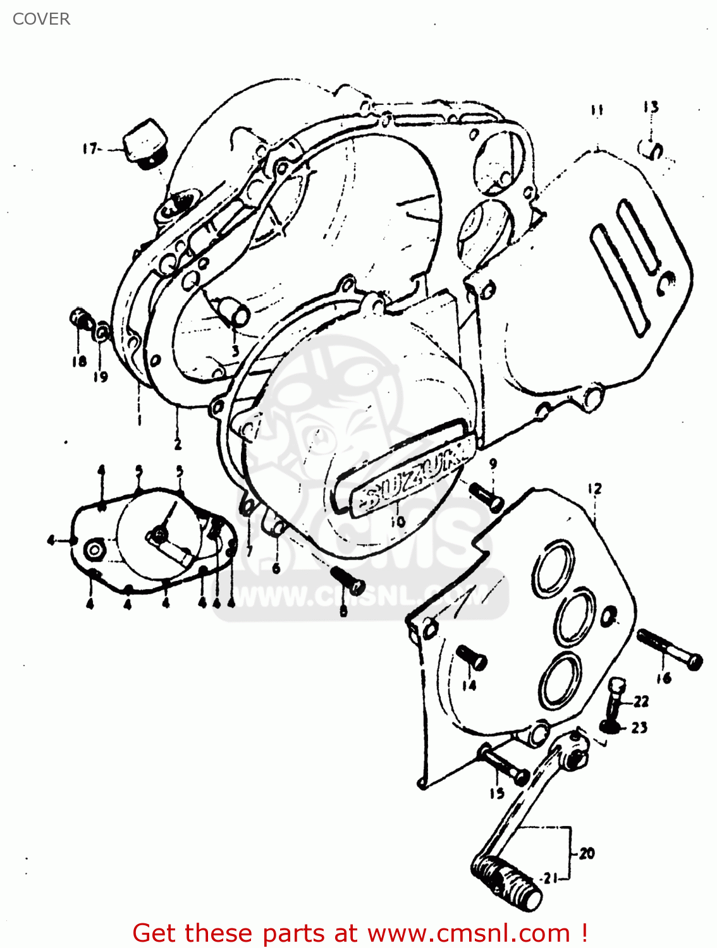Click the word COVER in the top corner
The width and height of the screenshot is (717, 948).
[x=41, y=19]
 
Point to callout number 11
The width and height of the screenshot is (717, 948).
[x=597, y=110]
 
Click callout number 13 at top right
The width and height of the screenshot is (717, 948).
[x=651, y=107]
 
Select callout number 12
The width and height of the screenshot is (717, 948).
[x=594, y=489]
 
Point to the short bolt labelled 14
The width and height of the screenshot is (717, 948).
[x=472, y=657]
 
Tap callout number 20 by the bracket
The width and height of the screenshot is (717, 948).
[x=587, y=853]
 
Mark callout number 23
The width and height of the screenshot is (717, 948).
[x=639, y=727]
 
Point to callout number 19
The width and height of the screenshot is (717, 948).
[x=101, y=377]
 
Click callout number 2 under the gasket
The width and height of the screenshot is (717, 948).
[x=178, y=444]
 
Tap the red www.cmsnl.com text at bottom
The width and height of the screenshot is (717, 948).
[x=469, y=933]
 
